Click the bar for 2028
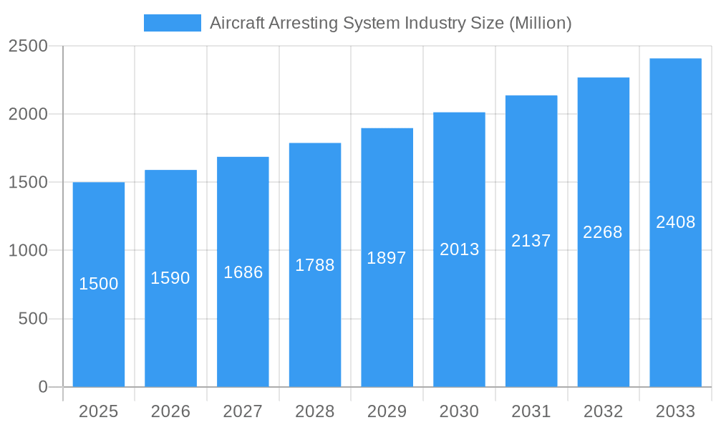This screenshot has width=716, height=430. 315,322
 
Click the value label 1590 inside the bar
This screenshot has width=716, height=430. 170,278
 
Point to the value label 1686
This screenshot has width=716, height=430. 243,272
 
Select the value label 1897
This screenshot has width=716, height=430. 387,258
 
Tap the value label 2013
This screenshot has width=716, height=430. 459,249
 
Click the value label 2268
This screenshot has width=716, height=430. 603,232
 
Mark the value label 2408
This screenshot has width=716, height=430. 675,222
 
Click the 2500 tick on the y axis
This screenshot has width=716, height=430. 28,47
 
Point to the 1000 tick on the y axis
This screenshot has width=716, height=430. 28,251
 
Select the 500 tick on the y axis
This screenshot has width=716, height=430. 33,319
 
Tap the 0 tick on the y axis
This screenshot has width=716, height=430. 42,387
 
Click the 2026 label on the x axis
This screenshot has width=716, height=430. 170,411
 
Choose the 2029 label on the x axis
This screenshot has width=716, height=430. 387,411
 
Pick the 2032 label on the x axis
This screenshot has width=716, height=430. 603,411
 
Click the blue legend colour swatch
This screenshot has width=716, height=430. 173,23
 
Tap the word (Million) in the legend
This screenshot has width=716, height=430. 540,23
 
